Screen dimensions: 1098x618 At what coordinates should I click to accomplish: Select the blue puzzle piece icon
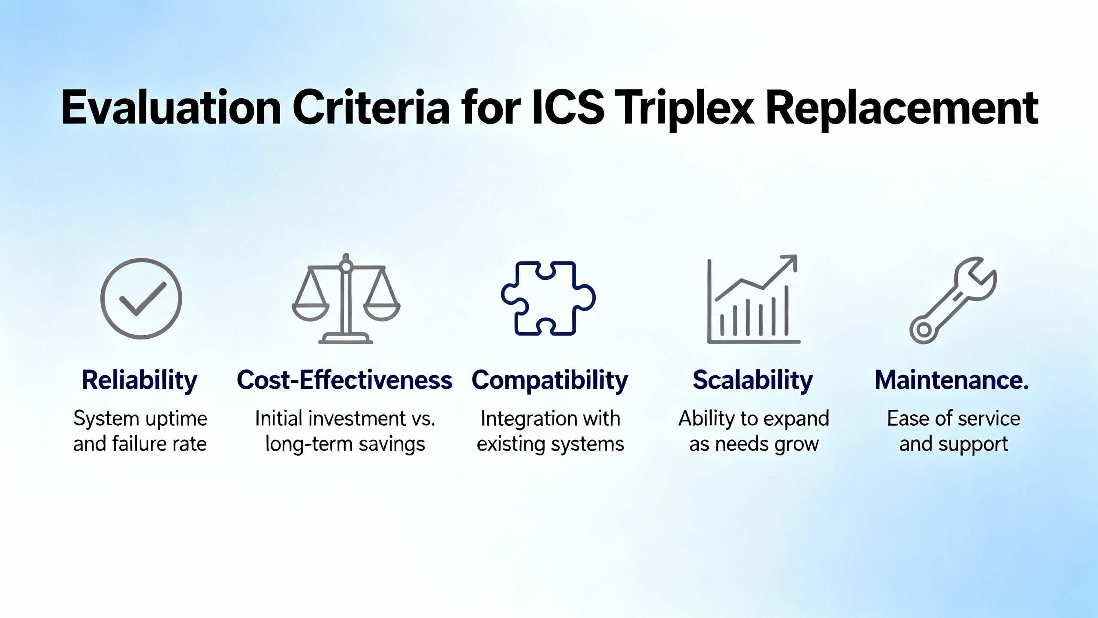(x=548, y=298)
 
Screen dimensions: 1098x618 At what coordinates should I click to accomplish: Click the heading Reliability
(x=140, y=381)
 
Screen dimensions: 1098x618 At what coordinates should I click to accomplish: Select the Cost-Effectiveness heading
(x=344, y=380)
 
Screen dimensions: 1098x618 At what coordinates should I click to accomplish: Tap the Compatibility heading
(x=549, y=381)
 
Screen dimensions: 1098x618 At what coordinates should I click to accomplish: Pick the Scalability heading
(x=753, y=381)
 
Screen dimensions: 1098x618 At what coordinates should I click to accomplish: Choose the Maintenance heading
(x=952, y=380)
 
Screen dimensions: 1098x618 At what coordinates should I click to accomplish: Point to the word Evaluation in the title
(x=171, y=107)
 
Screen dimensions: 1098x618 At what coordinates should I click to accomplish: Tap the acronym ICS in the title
(x=568, y=107)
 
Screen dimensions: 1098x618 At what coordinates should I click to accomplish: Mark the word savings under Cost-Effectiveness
(x=392, y=445)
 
